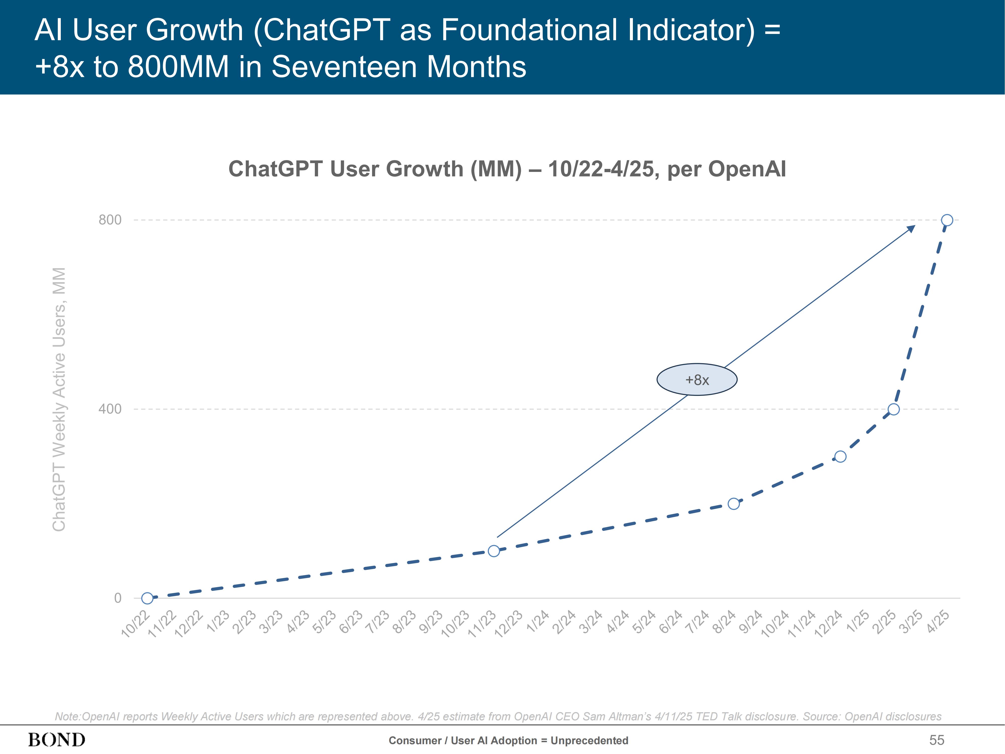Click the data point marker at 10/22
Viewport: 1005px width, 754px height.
(x=147, y=598)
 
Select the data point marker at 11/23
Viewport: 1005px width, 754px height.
(x=494, y=551)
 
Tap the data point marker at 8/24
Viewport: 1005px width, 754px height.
(x=734, y=504)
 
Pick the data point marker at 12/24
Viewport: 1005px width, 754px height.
(x=840, y=456)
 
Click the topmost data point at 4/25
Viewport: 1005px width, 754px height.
(x=947, y=220)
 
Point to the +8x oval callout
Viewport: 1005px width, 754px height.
(x=697, y=380)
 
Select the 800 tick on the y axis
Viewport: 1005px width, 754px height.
(x=110, y=220)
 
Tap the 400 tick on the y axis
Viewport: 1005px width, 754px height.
(x=110, y=409)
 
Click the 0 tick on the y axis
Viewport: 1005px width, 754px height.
(x=118, y=598)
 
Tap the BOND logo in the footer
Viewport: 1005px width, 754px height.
(x=57, y=740)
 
